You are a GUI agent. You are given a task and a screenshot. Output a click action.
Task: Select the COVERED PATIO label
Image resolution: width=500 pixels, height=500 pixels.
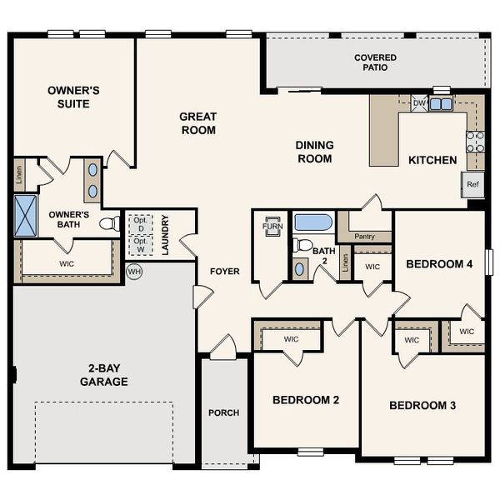[x=375, y=63]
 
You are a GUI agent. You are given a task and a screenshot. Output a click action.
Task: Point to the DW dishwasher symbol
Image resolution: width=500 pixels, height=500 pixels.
[x=419, y=104]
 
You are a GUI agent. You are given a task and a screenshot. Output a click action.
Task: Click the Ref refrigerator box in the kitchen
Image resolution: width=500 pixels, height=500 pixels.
[x=472, y=184]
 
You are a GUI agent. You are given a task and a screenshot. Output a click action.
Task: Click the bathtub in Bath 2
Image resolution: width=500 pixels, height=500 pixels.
[x=313, y=223]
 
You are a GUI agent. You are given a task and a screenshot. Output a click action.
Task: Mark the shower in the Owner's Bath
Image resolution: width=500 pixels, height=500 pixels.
[x=26, y=216]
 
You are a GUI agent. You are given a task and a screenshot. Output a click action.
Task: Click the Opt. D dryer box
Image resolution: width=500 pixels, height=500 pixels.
[x=139, y=224]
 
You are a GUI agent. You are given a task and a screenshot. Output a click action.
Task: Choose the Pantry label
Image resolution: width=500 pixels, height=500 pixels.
[x=364, y=237]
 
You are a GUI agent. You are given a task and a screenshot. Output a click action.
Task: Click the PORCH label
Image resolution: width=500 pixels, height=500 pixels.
[x=223, y=412]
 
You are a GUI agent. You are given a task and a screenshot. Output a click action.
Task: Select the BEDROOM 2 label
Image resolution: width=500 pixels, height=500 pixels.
[x=306, y=400]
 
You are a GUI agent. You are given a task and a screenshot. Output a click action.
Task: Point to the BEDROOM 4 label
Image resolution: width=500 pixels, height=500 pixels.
[x=439, y=264]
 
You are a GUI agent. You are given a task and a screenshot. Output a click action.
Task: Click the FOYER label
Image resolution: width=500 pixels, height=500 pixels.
[x=224, y=271]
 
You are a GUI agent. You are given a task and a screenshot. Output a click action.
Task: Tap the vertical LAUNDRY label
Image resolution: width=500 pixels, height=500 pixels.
[x=166, y=237]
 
